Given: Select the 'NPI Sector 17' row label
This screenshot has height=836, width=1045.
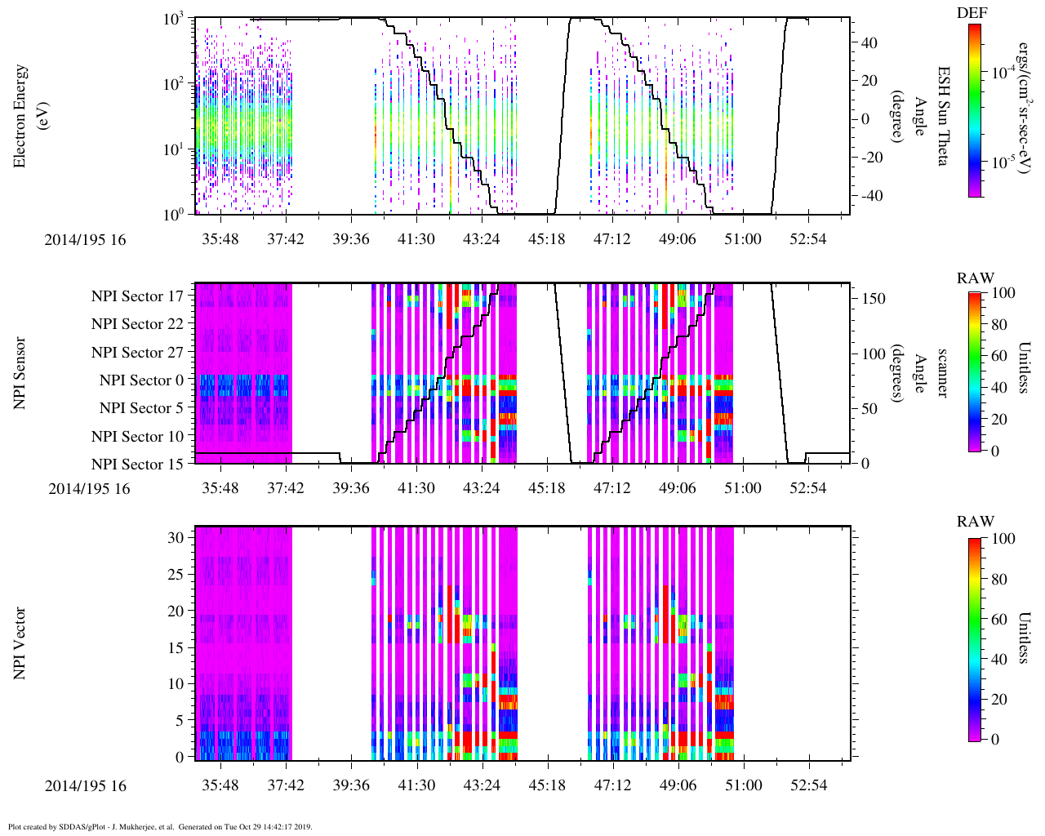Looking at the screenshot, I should [137, 296].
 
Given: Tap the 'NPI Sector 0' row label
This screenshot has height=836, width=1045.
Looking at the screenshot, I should [141, 380].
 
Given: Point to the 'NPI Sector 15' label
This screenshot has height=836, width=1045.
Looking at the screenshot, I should [137, 465].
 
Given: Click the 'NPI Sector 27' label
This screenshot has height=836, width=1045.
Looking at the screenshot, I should [137, 353].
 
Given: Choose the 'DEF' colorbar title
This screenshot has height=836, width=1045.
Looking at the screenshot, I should [972, 13].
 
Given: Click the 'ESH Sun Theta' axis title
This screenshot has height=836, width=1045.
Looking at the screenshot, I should [943, 116].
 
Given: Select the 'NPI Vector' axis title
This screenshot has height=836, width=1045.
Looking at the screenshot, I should [20, 643].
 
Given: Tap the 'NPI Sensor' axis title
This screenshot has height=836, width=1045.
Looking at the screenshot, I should [20, 373].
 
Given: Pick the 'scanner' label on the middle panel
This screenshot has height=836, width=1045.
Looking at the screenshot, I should [943, 373].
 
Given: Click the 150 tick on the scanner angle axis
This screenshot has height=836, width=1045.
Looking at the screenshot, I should [874, 299].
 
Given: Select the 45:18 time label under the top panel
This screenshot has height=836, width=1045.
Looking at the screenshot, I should [546, 239].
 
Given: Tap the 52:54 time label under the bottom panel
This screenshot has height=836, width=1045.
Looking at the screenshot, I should [808, 785].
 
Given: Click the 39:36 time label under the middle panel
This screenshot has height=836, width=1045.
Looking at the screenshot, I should [351, 488].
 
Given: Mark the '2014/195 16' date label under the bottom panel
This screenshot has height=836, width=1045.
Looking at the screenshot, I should [86, 786].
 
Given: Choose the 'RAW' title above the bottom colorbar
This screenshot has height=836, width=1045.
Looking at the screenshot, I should [976, 522].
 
